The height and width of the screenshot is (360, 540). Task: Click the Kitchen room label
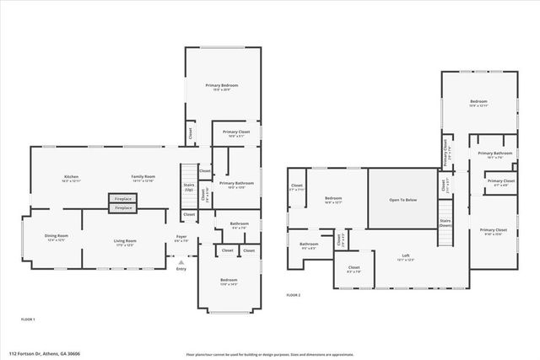tap(71, 177)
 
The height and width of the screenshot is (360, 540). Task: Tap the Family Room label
tap(143, 177)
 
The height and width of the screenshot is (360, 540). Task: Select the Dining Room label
tap(57, 237)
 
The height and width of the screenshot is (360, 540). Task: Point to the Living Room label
tap(126, 242)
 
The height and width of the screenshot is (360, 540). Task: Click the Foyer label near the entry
tap(181, 238)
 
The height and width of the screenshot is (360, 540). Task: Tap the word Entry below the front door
tap(181, 268)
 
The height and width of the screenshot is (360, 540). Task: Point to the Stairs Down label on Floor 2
tap(445, 224)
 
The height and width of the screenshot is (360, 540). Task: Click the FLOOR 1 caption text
tap(28, 320)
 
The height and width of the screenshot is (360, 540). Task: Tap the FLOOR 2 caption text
tap(293, 295)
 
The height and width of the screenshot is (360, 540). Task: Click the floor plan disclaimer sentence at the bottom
tap(269, 354)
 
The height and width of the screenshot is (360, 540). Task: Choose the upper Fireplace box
tap(123, 199)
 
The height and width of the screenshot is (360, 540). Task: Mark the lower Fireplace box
tap(123, 207)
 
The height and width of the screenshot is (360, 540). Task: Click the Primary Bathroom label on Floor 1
tap(237, 185)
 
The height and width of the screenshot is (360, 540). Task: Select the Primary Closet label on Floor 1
tap(236, 133)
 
